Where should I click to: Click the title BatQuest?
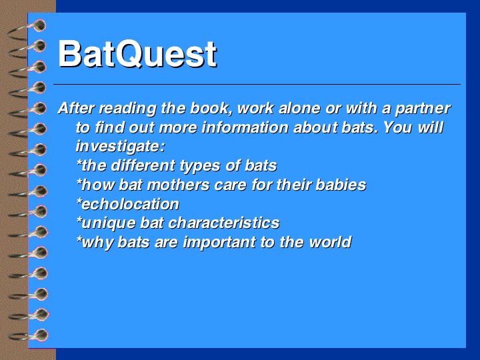[x=137, y=54]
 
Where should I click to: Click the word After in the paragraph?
[x=76, y=108]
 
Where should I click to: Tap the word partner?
[x=423, y=109]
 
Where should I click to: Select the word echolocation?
[x=130, y=204]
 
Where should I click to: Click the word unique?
[x=109, y=223]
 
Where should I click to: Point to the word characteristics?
[x=224, y=223]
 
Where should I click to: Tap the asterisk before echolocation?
[x=79, y=201]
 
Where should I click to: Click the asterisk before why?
[x=79, y=239]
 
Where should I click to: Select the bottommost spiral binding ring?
[x=30, y=336]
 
